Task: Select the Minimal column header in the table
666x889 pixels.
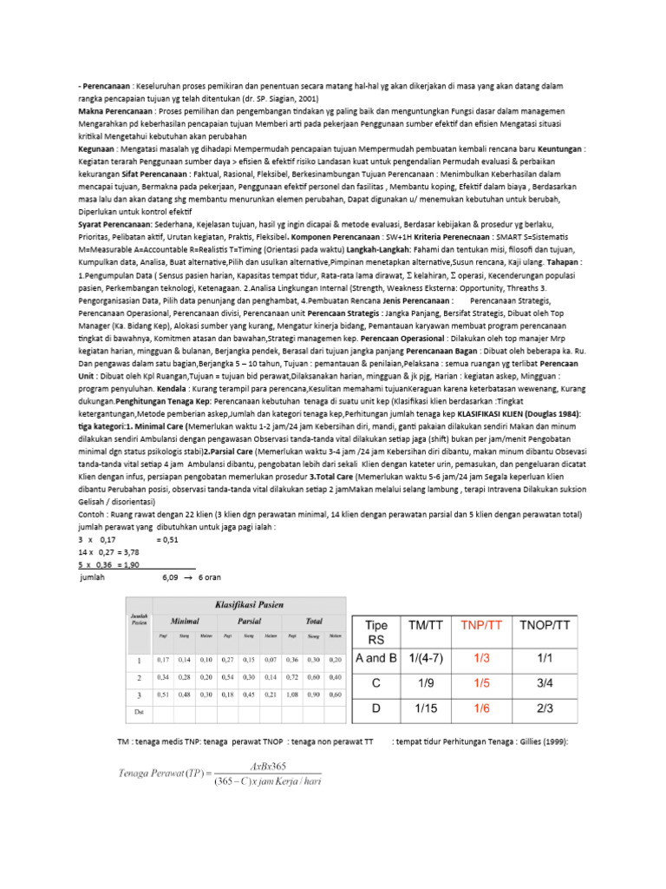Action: pos(185,622)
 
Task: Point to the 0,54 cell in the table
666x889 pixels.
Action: pos(226,675)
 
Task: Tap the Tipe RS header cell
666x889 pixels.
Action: pos(376,632)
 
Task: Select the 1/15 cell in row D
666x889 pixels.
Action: pos(426,708)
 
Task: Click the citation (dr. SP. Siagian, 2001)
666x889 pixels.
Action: pos(268,99)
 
